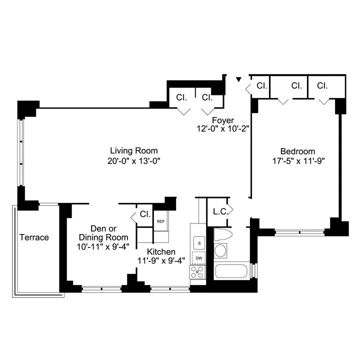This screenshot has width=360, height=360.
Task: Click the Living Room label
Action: [x=133, y=150]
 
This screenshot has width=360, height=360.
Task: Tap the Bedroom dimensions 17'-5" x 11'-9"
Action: [x=297, y=161]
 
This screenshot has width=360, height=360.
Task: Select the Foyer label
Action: [x=222, y=120]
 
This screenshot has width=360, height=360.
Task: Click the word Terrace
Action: [x=34, y=237]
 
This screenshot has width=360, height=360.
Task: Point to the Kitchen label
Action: [x=161, y=251]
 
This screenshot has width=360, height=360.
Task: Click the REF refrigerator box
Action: [x=161, y=221]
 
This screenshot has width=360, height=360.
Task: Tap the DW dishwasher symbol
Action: [x=199, y=257]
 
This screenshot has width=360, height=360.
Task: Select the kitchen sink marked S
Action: [x=199, y=243]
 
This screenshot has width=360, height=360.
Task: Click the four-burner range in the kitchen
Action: [x=197, y=272]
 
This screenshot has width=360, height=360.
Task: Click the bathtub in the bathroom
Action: [x=232, y=272]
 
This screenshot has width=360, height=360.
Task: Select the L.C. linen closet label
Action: [x=220, y=211]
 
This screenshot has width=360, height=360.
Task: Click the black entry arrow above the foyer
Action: [x=238, y=79]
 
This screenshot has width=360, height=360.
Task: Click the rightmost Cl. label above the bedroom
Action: [x=322, y=85]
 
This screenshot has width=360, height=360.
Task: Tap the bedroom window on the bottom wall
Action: [x=300, y=231]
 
